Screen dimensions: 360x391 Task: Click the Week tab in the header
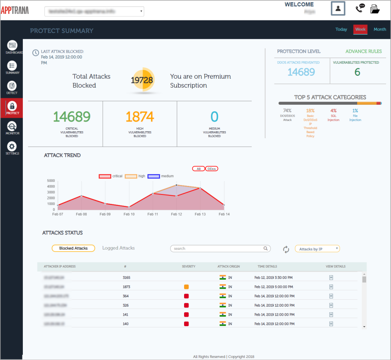point(360,29)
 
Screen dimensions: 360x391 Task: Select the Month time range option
point(380,29)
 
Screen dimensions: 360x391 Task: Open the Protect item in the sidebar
point(12,108)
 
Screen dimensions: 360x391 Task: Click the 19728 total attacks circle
point(142,80)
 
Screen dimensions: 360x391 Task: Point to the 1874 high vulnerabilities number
point(140,117)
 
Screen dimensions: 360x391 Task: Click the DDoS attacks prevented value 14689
point(301,72)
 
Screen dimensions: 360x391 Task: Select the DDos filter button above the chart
point(211,169)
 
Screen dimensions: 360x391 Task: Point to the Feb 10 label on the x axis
point(129,214)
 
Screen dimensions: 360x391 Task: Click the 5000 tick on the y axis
point(51,181)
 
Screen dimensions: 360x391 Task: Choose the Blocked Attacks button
point(73,248)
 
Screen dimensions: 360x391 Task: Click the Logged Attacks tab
point(118,248)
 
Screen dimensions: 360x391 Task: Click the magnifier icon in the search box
point(266,248)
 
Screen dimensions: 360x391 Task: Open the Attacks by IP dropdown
point(317,249)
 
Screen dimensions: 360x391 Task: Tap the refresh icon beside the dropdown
point(286,250)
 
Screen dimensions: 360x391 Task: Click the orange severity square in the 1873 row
point(186,287)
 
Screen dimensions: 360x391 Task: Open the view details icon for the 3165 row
point(331,278)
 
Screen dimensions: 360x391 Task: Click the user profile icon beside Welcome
point(338,9)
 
